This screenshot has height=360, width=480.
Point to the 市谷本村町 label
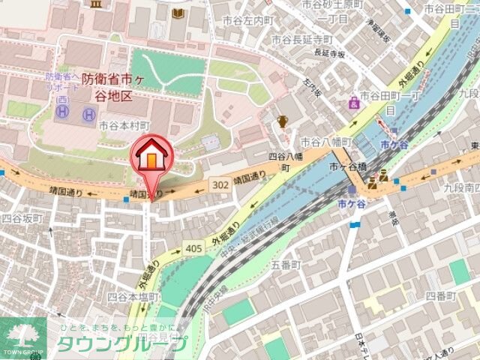pos(124,125)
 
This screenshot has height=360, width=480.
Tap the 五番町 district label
pos(285,265)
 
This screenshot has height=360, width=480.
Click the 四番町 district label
pos(440,295)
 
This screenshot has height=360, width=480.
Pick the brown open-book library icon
pos(178,13)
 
